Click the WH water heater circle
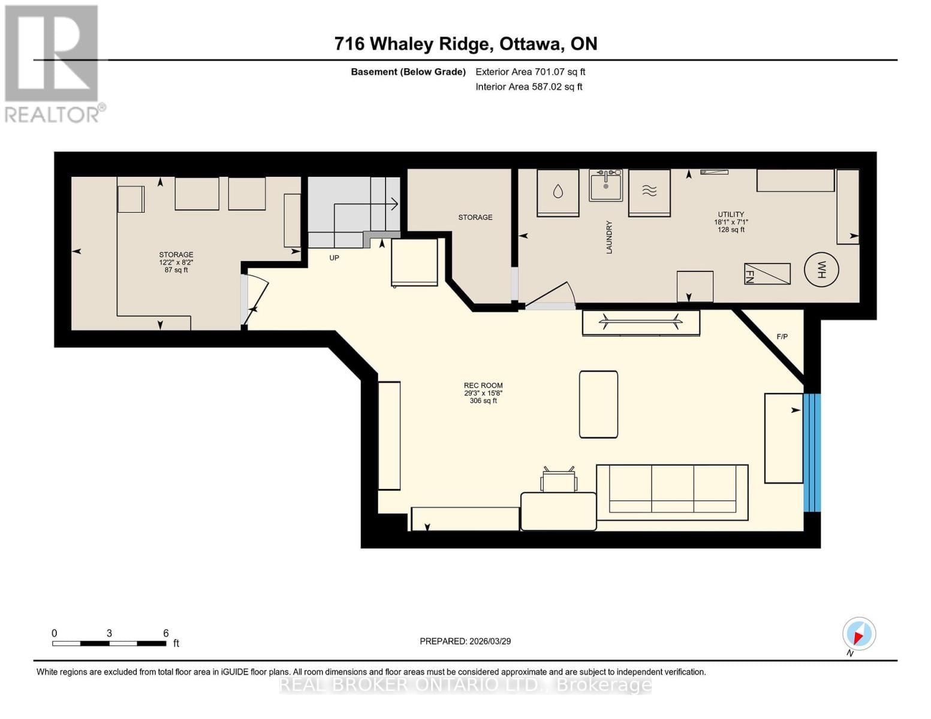[x=821, y=270]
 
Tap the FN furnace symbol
[x=767, y=274]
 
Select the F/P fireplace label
[x=782, y=337]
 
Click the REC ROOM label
[x=483, y=386]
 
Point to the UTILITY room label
[x=731, y=215]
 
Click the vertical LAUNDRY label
[x=609, y=237]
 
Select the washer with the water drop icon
[x=558, y=192]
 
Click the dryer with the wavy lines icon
[x=649, y=192]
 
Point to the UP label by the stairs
[x=334, y=258]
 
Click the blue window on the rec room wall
[x=812, y=452]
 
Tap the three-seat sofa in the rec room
[x=672, y=492]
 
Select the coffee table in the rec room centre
[x=598, y=404]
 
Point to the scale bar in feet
[x=110, y=643]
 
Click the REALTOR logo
[x=53, y=64]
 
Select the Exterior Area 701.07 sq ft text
[x=530, y=72]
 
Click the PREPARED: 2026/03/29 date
[x=465, y=641]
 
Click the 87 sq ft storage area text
[x=176, y=270]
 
